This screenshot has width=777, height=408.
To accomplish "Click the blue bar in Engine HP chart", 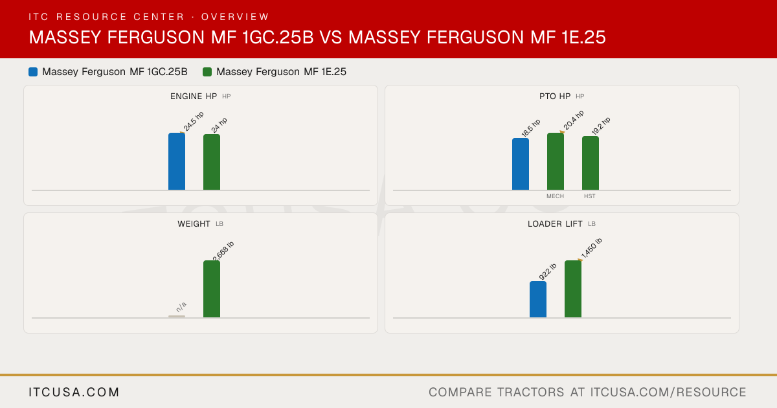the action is [x=177, y=161].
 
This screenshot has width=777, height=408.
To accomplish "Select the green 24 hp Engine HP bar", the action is [x=212, y=162].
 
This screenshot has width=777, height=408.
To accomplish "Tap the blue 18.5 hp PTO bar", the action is [x=521, y=164].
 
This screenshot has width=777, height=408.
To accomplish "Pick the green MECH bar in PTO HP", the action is [x=556, y=161].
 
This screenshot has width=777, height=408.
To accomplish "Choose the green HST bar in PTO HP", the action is [x=591, y=163].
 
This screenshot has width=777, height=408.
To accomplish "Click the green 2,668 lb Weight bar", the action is [x=212, y=289].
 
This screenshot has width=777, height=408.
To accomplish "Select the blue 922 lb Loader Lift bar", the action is [x=538, y=299].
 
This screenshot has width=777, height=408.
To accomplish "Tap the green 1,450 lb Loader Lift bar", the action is [x=573, y=289].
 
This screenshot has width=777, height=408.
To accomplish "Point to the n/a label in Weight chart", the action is [x=181, y=307].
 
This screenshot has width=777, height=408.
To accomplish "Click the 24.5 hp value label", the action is [x=194, y=122].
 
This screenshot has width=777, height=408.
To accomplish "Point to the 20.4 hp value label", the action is [x=574, y=120].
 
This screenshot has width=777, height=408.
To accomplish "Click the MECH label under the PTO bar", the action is [x=555, y=196].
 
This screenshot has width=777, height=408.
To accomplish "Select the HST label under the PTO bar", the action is [x=590, y=196].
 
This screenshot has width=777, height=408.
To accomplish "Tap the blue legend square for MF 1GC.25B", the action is [x=33, y=72].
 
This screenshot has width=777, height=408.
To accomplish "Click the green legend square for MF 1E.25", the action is [x=207, y=72].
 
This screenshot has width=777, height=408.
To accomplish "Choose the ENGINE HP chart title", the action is [x=194, y=96].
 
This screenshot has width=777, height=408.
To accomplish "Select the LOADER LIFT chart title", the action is [x=555, y=224].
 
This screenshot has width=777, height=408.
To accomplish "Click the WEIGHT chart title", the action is [x=194, y=224].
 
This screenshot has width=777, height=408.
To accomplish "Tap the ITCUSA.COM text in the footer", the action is [x=74, y=392].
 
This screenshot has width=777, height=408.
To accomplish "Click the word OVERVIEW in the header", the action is [x=235, y=17].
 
